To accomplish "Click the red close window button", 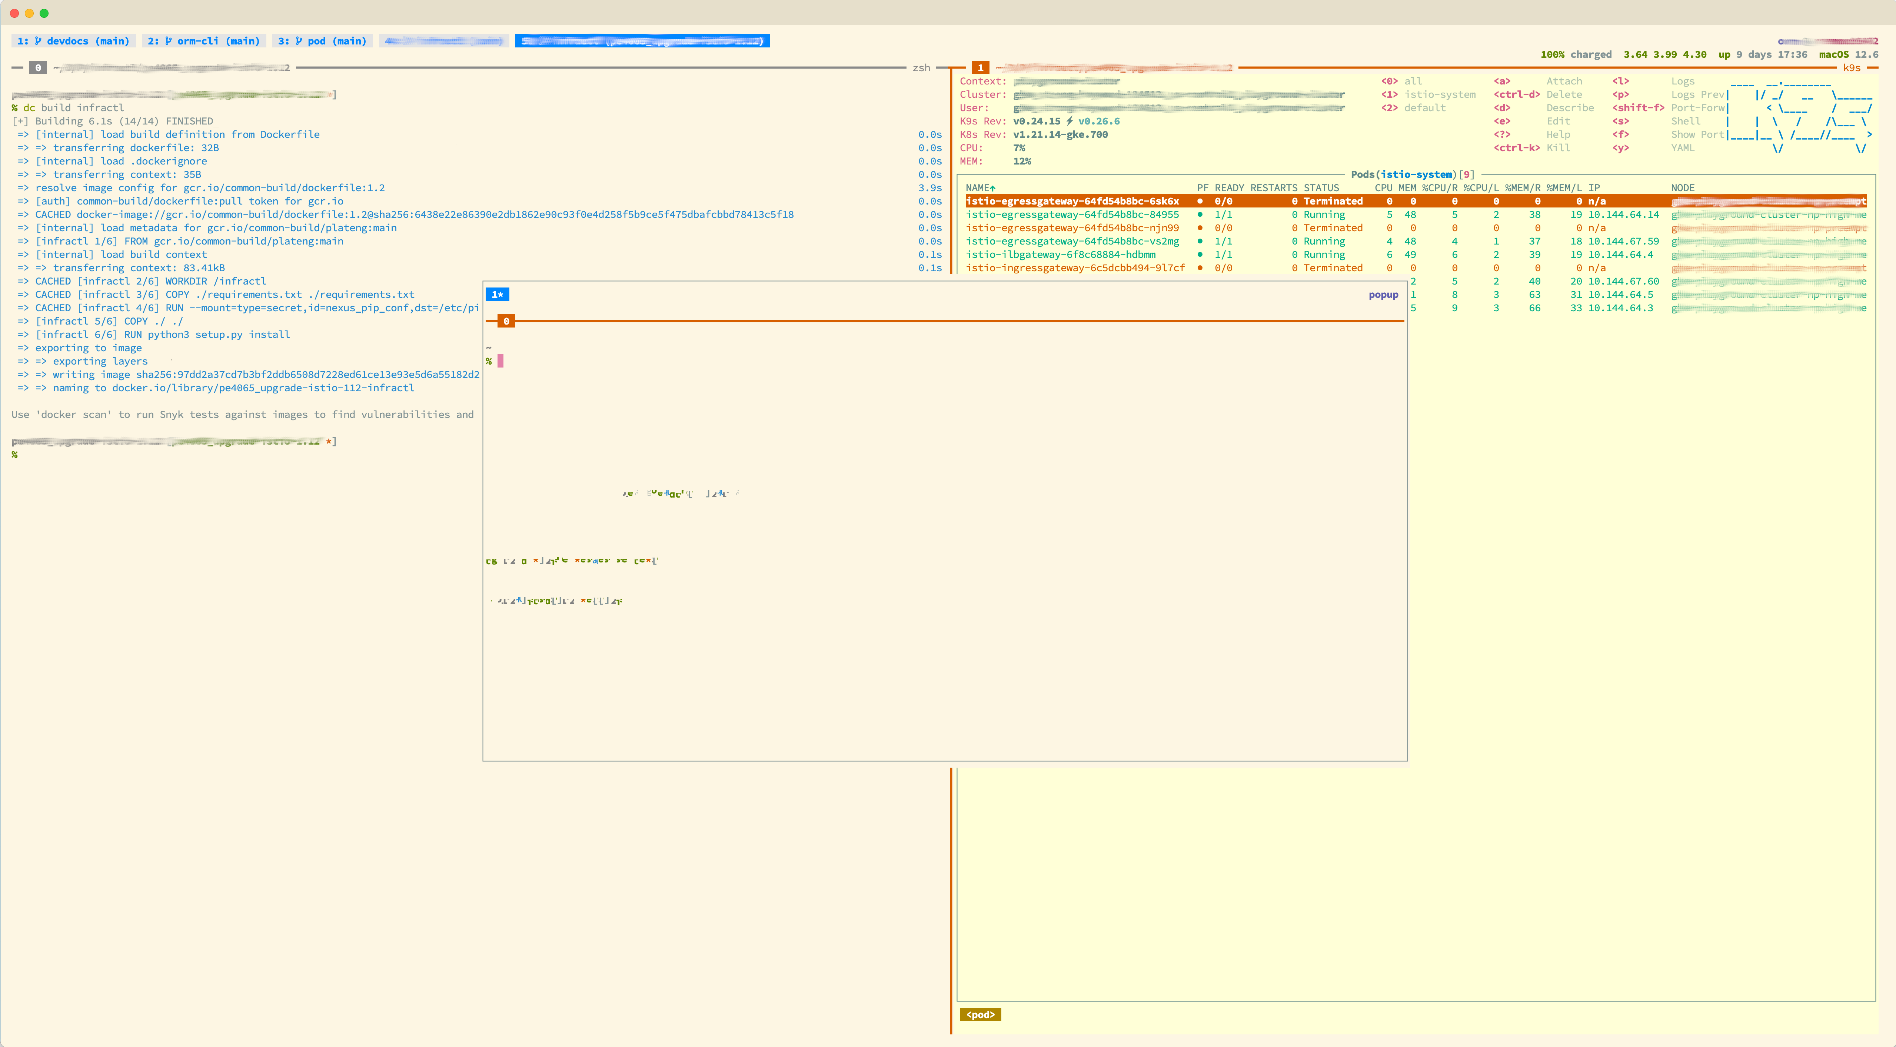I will (x=14, y=13).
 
